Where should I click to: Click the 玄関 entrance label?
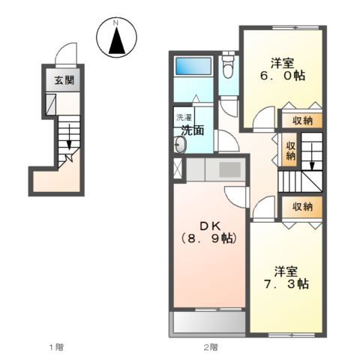point(64,80)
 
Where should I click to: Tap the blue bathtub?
point(193,66)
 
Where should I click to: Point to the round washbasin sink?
point(181,145)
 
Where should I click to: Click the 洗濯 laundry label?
point(184,117)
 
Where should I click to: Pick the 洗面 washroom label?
point(193,130)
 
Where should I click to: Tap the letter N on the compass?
point(115,23)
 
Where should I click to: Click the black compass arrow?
point(117,40)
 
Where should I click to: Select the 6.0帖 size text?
point(283,75)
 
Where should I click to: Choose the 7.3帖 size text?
point(286,284)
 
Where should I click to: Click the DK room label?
point(210,226)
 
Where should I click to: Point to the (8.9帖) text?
point(208,238)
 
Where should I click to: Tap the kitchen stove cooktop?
point(230,169)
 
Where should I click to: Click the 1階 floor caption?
point(56,347)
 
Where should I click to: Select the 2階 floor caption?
point(211,347)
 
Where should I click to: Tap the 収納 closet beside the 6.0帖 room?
point(302,121)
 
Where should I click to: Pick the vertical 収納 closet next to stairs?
point(290,151)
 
